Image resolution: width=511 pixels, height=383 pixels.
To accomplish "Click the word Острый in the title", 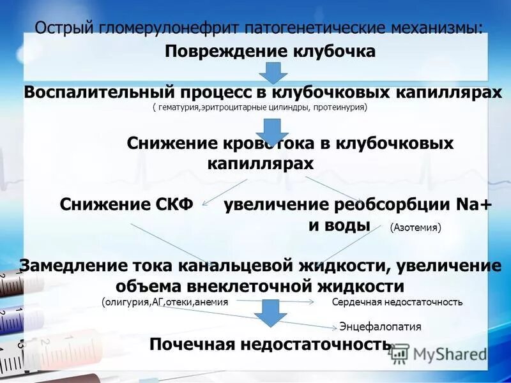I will pyautogui.click(x=63, y=29).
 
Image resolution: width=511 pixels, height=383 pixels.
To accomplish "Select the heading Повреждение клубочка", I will pyautogui.click(x=270, y=52).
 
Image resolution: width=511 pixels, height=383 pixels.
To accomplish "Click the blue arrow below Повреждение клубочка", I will pyautogui.click(x=273, y=73).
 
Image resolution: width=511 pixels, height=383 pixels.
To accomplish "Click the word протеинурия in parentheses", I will pyautogui.click(x=339, y=108).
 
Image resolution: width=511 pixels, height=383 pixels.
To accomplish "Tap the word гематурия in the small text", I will pyautogui.click(x=178, y=108).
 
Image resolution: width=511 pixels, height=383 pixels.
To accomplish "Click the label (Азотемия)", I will pyautogui.click(x=415, y=227).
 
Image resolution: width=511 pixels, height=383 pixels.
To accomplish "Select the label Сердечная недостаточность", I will pyautogui.click(x=397, y=302).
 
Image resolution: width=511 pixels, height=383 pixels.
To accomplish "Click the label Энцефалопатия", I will pyautogui.click(x=380, y=327).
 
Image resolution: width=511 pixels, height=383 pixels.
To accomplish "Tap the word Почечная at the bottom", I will pyautogui.click(x=192, y=345).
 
